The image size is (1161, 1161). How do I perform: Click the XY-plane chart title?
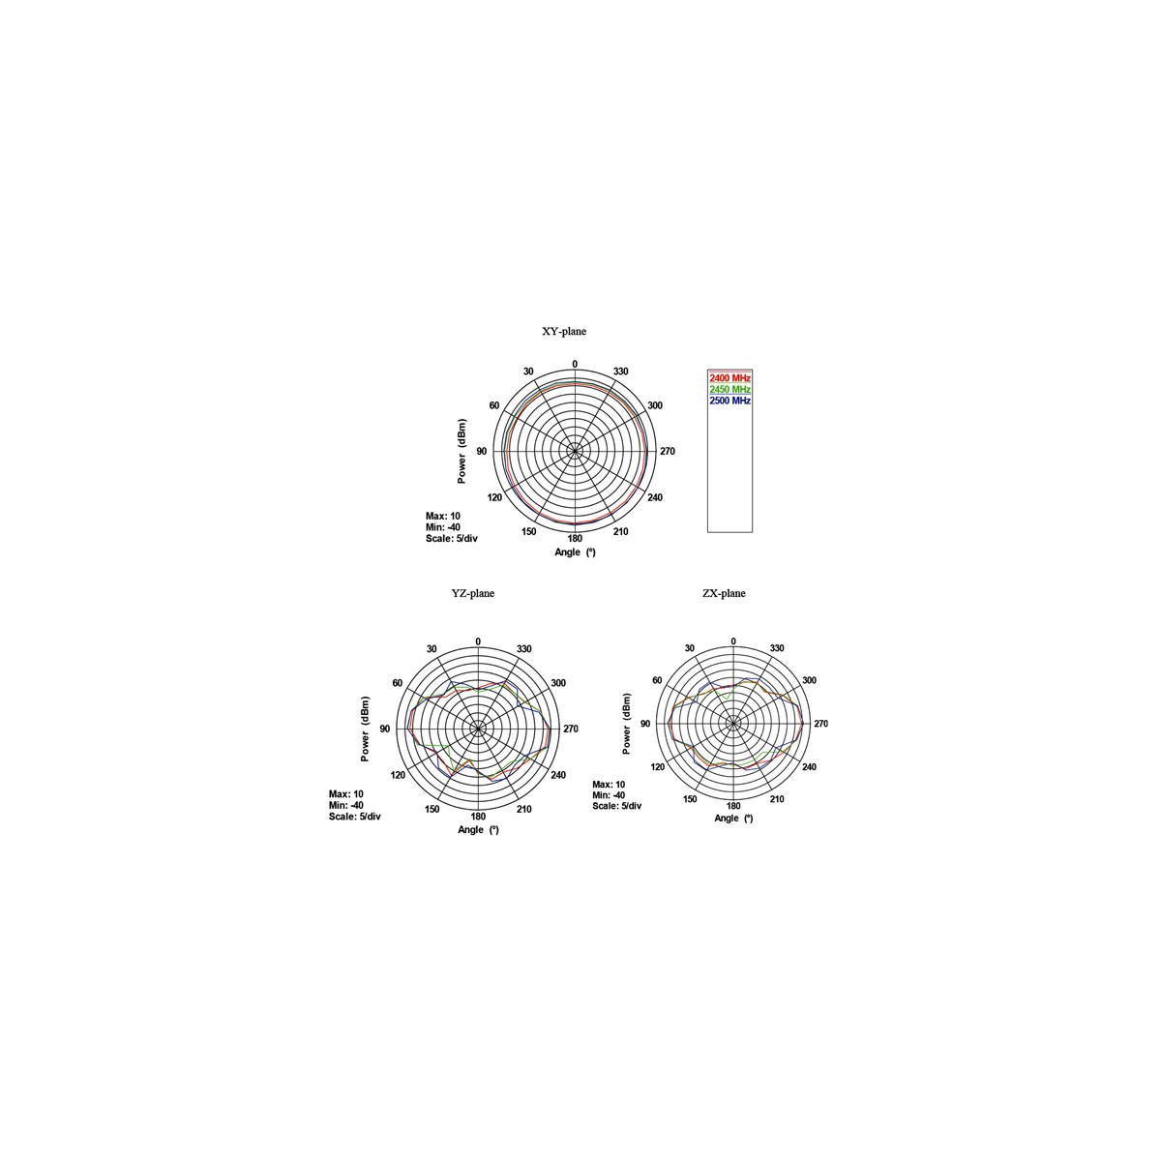pyautogui.click(x=563, y=331)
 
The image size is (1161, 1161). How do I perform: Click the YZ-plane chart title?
pyautogui.click(x=472, y=593)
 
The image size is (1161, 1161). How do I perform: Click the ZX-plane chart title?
pyautogui.click(x=724, y=593)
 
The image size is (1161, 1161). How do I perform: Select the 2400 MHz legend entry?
pyautogui.click(x=729, y=377)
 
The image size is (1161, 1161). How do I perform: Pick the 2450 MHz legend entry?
pyautogui.click(x=729, y=389)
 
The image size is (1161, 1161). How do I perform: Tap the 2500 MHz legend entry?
pyautogui.click(x=729, y=401)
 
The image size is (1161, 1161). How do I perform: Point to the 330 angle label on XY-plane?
pyautogui.click(x=620, y=372)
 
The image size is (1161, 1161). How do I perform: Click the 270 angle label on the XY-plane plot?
pyautogui.click(x=667, y=451)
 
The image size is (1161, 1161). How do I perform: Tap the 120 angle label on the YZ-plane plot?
pyautogui.click(x=398, y=775)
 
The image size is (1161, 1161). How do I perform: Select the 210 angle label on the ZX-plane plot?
pyautogui.click(x=777, y=799)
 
